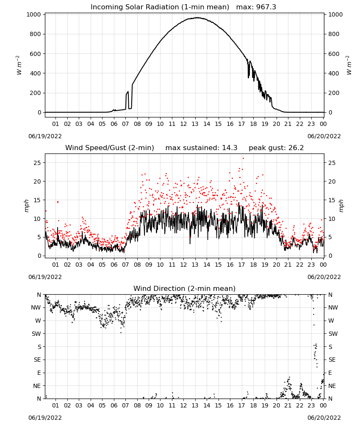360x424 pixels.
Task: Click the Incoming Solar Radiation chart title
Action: pos(160,7)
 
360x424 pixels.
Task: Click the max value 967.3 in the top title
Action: pos(266,7)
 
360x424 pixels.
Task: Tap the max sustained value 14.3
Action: pos(230,148)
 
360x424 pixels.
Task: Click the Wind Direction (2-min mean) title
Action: pos(185,288)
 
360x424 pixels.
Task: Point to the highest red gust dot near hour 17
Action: pos(243,159)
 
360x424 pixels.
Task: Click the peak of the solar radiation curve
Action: pos(197,18)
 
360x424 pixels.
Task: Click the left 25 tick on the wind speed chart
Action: pos(38,163)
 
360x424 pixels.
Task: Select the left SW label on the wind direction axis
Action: pos(36,334)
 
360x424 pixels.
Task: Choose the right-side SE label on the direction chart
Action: pos(332,360)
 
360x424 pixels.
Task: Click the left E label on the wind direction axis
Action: pos(39,373)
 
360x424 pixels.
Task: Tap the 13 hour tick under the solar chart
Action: pos(195,124)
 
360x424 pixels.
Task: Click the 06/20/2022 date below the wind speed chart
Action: pos(324,277)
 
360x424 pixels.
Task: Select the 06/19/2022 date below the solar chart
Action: pos(45,136)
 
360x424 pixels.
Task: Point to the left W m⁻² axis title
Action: pos(19,65)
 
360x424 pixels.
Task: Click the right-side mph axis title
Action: pos(341,206)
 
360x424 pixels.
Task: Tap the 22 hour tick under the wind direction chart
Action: pos(299,405)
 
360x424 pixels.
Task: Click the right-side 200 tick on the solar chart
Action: pos(334,93)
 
